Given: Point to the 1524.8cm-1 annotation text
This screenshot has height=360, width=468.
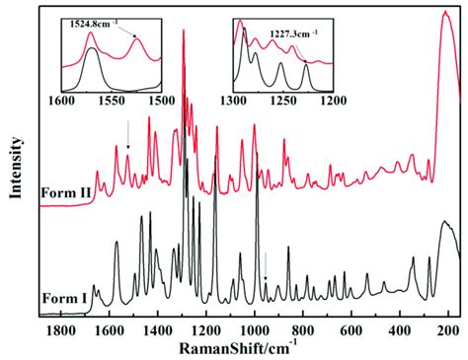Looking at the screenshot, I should coord(95,21).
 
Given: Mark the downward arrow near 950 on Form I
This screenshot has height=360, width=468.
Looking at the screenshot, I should coord(265,264).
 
